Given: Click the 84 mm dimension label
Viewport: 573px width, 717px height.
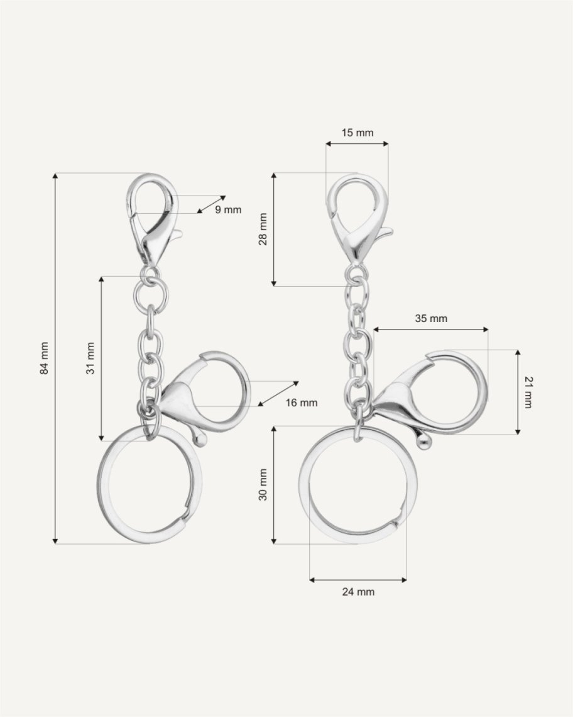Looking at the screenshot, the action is click(45, 358).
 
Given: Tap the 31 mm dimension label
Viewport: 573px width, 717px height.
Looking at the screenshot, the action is click(90, 358).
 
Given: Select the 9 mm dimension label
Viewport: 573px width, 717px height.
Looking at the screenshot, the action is click(228, 210).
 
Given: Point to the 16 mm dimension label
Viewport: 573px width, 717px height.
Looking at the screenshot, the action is click(302, 403).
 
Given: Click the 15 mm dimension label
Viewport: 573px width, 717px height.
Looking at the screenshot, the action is click(357, 133).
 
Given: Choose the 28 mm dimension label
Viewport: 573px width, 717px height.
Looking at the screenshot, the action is click(263, 230).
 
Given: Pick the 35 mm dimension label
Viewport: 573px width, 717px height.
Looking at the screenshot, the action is click(431, 318).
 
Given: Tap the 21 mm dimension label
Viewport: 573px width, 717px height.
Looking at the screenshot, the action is click(528, 392).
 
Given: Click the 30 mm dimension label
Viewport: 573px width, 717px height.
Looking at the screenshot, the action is click(263, 484).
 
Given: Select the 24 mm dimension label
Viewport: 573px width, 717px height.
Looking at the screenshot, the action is click(358, 592).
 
